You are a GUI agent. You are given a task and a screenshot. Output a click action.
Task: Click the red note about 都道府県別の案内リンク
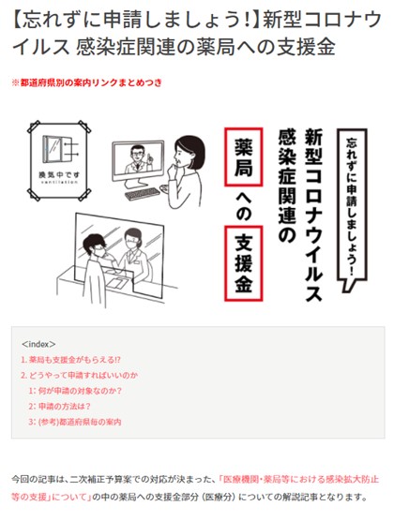(87, 82)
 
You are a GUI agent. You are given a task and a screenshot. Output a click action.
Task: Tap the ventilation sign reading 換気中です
(59, 160)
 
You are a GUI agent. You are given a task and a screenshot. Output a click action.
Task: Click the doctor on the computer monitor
(138, 159)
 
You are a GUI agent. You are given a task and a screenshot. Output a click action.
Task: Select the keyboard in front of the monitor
(143, 193)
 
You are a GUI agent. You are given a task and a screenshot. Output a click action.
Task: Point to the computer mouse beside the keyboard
(165, 188)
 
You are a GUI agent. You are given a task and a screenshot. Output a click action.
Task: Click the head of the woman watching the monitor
(189, 153)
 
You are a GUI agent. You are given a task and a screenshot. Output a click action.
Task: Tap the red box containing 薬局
(244, 156)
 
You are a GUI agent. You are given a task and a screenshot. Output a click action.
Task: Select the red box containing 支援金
(244, 263)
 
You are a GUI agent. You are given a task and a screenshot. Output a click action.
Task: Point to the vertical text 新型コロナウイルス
(313, 216)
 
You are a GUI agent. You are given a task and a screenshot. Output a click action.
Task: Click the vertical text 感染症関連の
(287, 186)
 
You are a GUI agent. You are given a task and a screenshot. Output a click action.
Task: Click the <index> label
(38, 344)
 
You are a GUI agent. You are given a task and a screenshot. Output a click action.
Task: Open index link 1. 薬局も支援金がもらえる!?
(70, 360)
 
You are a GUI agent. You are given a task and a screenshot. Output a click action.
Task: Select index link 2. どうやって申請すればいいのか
(79, 375)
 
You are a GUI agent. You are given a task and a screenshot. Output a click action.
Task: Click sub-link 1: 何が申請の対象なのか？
(75, 391)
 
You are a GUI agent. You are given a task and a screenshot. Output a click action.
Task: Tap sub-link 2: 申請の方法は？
(59, 407)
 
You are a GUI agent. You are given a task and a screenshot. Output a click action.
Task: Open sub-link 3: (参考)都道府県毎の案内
(75, 422)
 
